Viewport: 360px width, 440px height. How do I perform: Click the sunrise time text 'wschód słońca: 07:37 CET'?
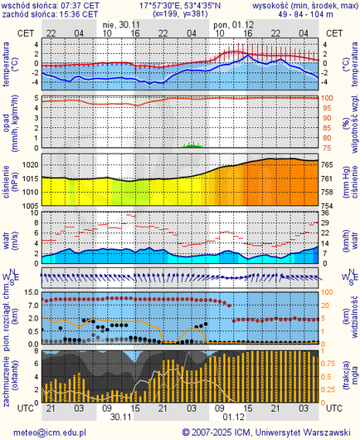click(x=50, y=5)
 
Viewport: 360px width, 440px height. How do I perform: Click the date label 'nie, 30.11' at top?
click(x=121, y=25)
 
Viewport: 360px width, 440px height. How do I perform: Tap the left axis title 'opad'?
click(x=7, y=123)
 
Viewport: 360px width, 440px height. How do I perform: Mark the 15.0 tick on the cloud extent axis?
click(x=27, y=292)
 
